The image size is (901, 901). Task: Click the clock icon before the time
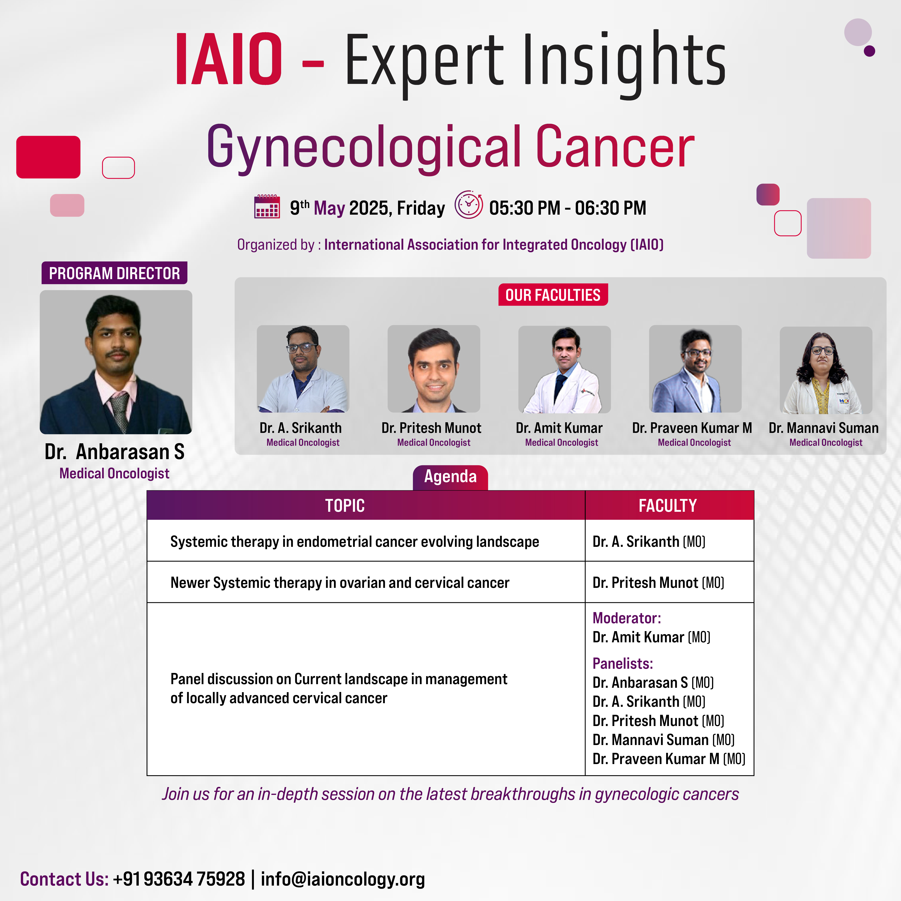(469, 205)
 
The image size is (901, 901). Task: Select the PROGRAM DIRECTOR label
(114, 273)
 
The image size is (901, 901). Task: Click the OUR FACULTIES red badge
(553, 295)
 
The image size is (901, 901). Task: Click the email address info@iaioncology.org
(343, 879)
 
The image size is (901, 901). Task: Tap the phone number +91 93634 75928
(179, 879)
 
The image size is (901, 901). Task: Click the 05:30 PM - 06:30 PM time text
(568, 208)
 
